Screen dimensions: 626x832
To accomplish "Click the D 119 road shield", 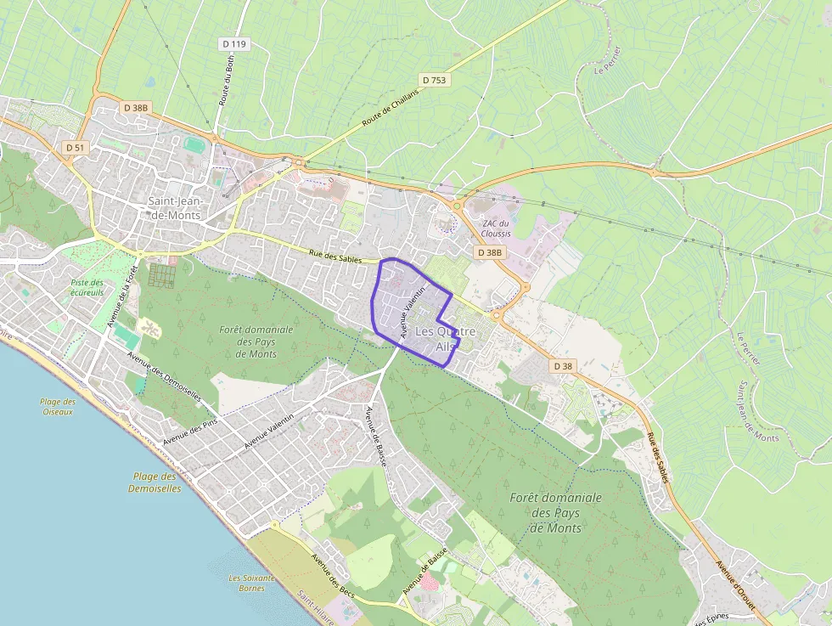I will point(233,43).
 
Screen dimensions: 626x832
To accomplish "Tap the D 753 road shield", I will point(432,80).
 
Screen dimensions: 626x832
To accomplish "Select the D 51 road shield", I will point(75,147).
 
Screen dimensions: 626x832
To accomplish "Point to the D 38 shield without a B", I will point(563,366).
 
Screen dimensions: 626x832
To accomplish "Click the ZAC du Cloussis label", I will point(497,228).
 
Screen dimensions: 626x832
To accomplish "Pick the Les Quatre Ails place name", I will point(445,339).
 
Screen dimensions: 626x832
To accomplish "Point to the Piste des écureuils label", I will point(87,287).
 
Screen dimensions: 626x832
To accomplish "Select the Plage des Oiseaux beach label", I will point(57,407).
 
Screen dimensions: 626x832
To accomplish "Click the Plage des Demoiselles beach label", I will point(155,482).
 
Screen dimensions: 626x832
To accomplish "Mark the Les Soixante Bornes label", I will point(251,583).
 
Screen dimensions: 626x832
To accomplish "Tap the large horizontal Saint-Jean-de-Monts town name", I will point(174,208).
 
